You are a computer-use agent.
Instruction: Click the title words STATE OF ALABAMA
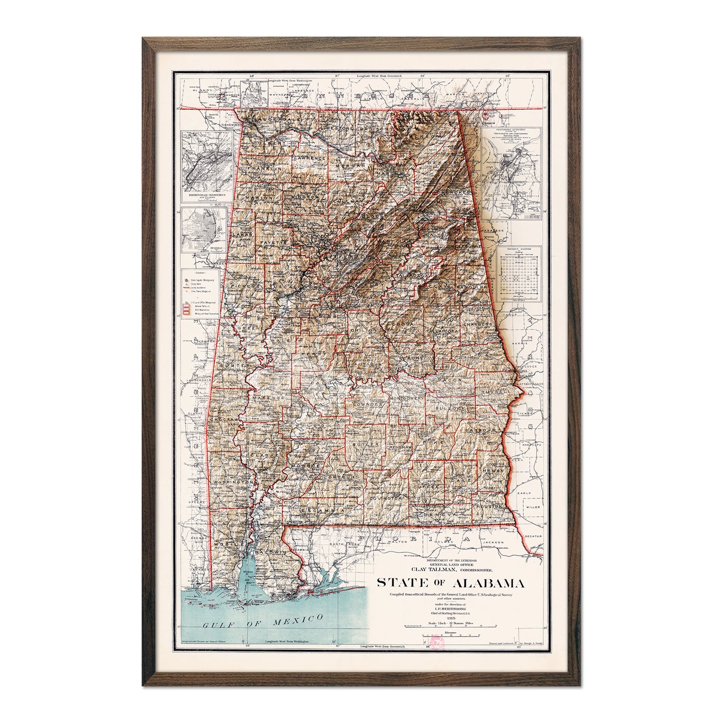[x=451, y=584]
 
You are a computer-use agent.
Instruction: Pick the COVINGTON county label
[x=385, y=498]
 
